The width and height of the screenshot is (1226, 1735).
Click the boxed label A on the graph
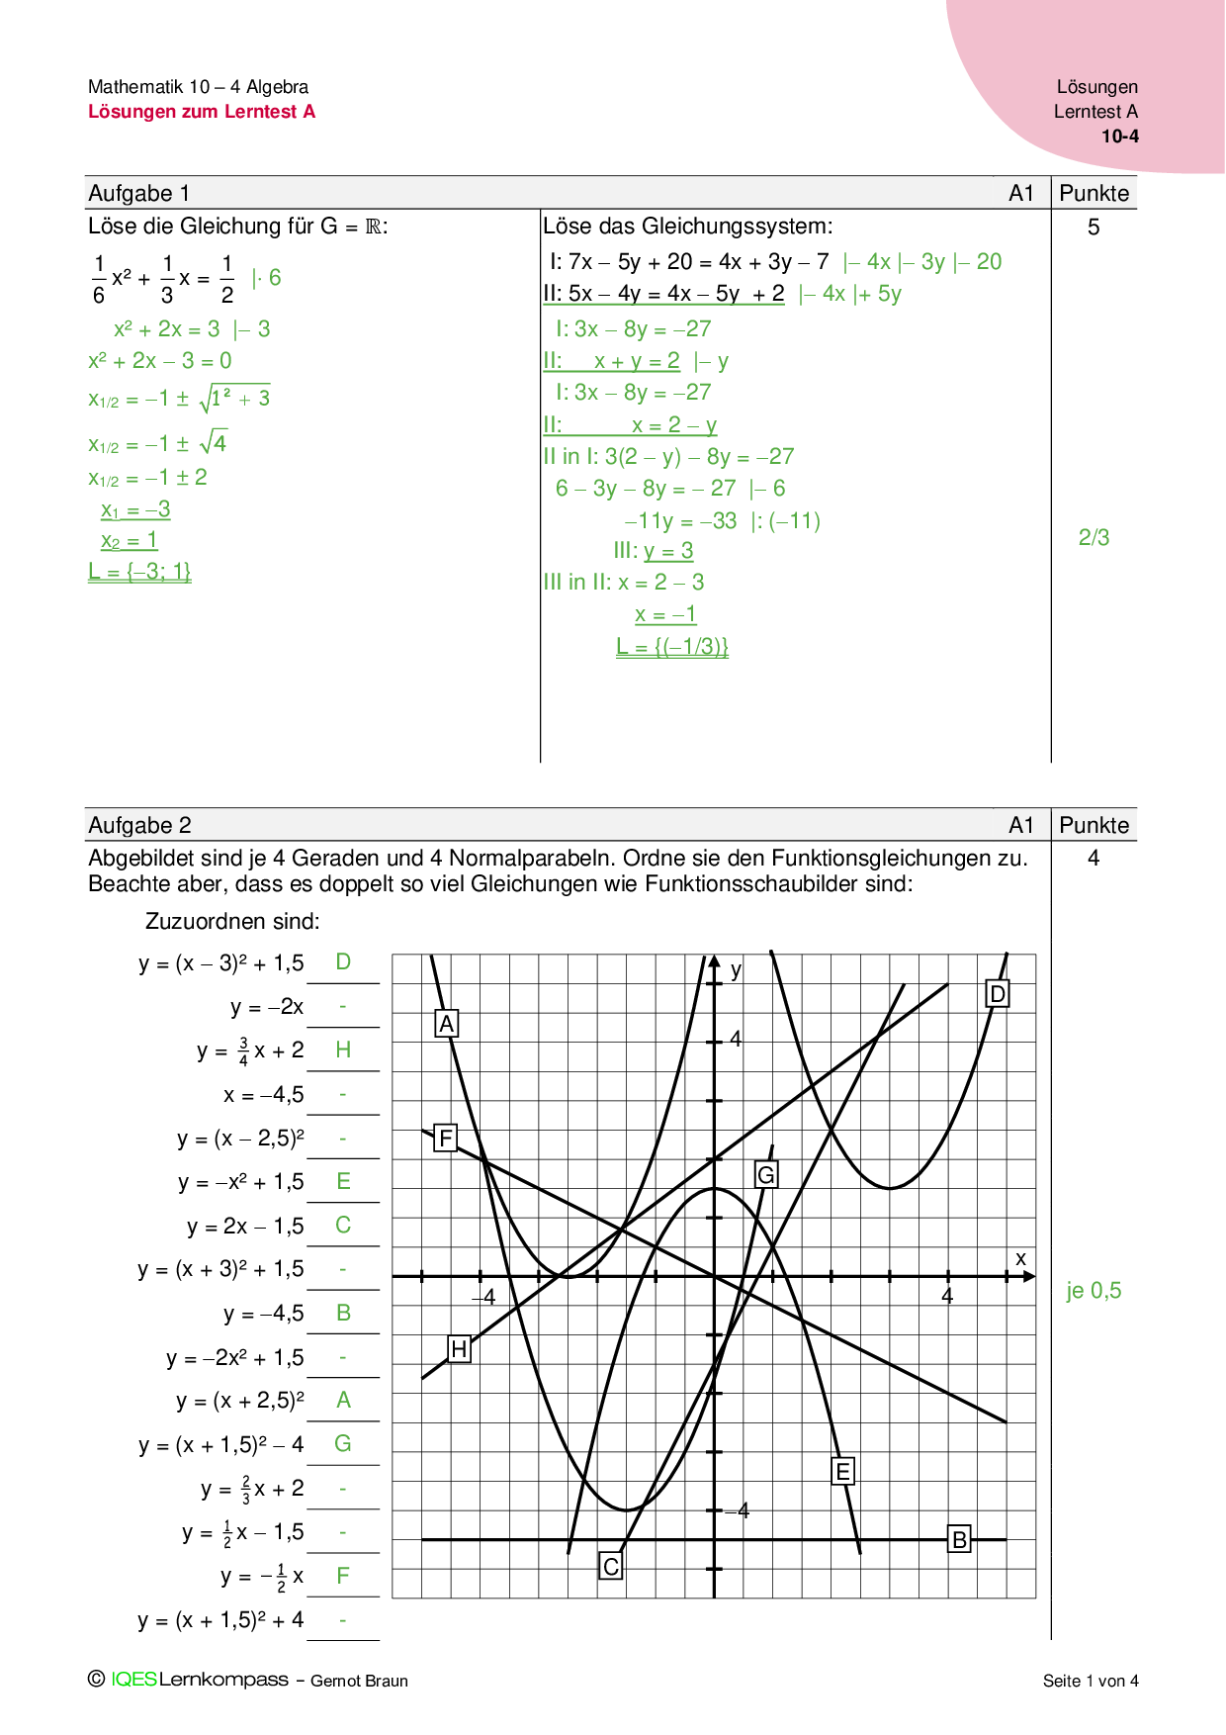(447, 1024)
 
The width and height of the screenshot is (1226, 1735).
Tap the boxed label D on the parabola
(998, 993)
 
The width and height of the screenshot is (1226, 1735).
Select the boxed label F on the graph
(446, 1139)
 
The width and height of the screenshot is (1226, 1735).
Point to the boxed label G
(765, 1174)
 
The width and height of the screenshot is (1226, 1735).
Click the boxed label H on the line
(459, 1348)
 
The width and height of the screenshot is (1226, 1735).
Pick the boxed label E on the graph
(842, 1471)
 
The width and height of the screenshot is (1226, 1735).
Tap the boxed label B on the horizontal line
(958, 1539)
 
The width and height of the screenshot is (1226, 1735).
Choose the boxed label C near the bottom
(611, 1566)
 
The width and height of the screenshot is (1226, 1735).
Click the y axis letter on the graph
(736, 970)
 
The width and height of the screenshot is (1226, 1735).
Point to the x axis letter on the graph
(1021, 1259)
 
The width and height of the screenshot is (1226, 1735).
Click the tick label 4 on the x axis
(947, 1296)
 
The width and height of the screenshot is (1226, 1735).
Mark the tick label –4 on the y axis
(738, 1510)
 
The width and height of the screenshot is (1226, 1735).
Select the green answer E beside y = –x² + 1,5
(343, 1181)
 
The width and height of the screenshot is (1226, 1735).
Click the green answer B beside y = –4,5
(343, 1313)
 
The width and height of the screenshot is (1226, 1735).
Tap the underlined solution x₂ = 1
(130, 540)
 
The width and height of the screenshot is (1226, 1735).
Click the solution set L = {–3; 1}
(139, 571)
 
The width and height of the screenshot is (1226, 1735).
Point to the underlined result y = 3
(668, 551)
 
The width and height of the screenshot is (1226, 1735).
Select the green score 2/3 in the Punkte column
(1094, 537)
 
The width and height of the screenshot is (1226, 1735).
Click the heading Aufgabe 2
(139, 825)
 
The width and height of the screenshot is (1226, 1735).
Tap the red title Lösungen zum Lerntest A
(202, 112)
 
